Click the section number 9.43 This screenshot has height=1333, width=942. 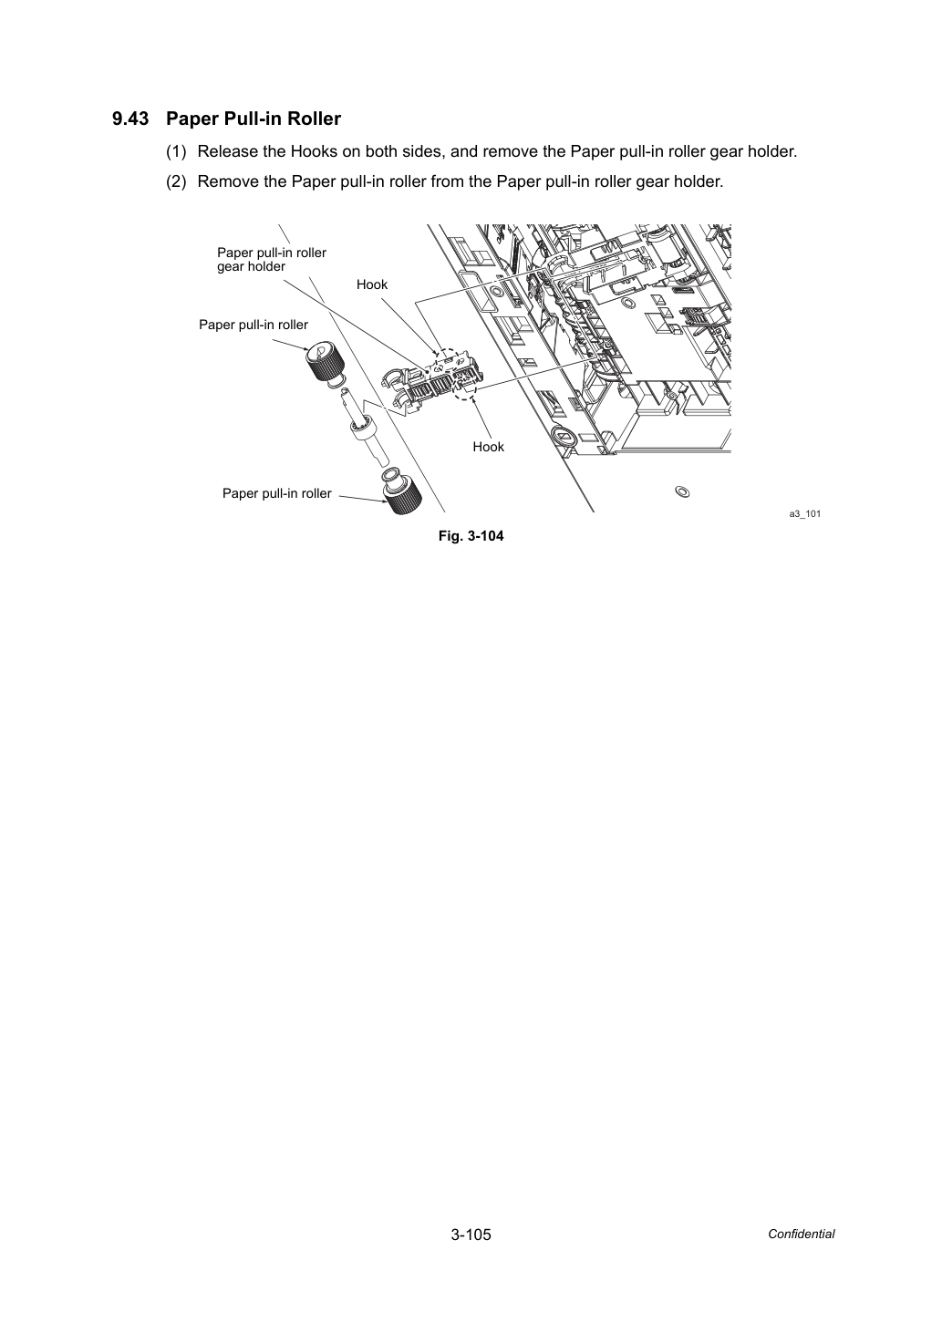[130, 119]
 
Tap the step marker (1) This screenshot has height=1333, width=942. [176, 151]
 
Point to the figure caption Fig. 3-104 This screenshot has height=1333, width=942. [471, 535]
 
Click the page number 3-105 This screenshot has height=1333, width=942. [471, 1235]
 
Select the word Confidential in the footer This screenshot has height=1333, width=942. [801, 1235]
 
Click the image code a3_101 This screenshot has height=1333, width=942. [804, 513]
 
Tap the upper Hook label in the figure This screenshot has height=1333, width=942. [372, 284]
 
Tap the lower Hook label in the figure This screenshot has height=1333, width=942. [488, 447]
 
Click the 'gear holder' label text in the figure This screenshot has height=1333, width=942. [251, 266]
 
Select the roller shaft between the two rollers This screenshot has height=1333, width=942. [364, 428]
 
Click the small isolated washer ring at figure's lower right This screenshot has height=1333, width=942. [682, 491]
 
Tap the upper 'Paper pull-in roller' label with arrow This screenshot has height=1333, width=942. [254, 325]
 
